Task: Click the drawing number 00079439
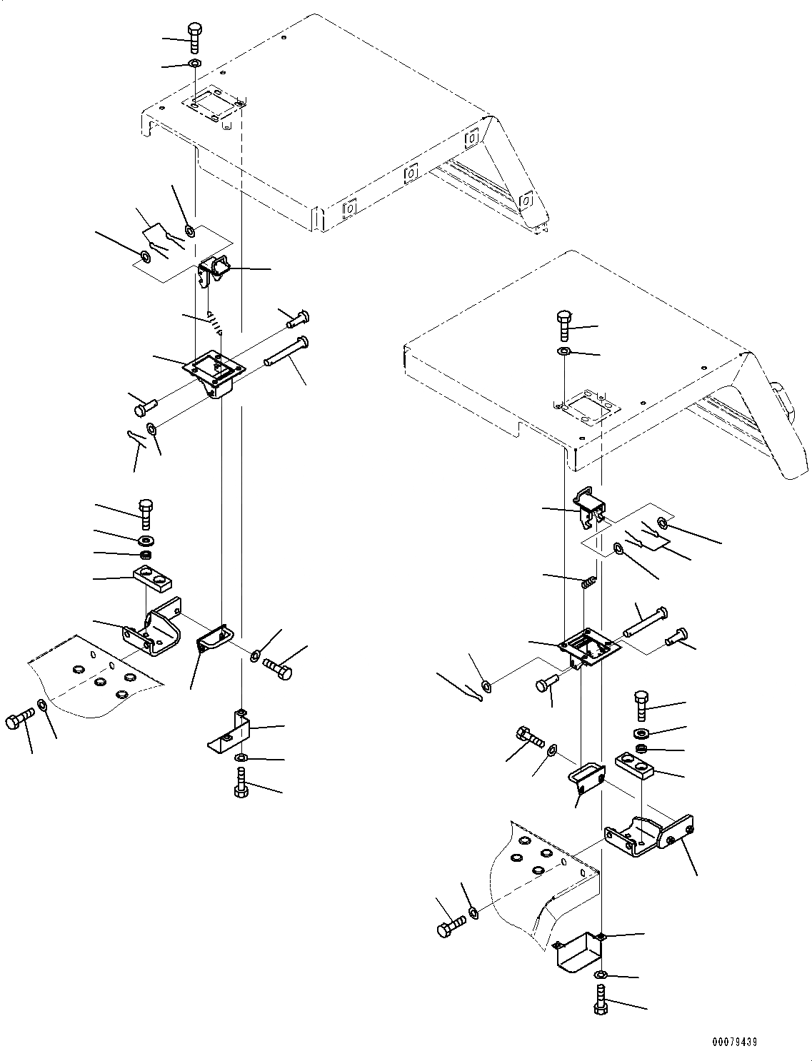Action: [x=733, y=1042]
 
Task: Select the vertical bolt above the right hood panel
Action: [x=564, y=326]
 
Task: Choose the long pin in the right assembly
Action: [x=646, y=621]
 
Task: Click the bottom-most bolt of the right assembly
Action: [x=599, y=997]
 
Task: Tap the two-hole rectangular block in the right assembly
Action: [x=635, y=769]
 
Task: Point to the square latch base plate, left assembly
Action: [x=214, y=369]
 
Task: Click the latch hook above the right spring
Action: [x=590, y=504]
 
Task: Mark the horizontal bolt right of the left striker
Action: [x=277, y=668]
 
